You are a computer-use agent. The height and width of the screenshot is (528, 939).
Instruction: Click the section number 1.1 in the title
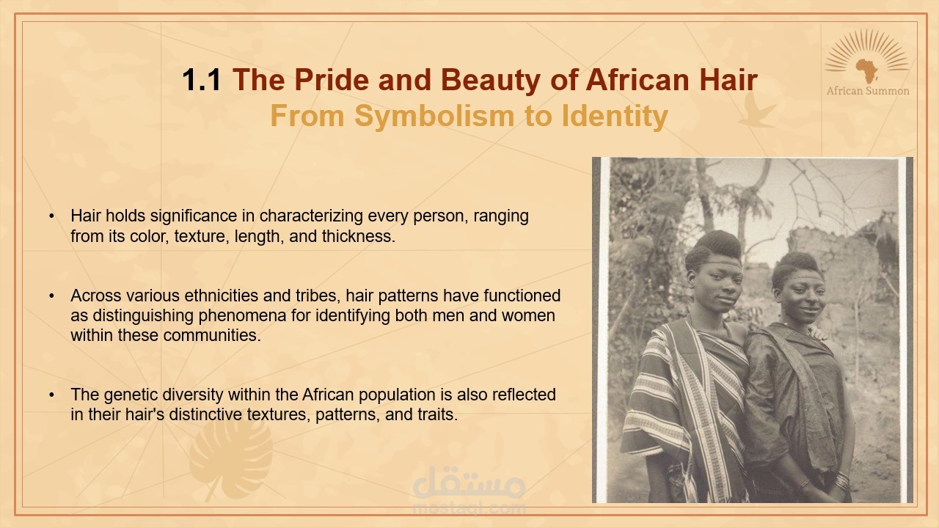(201, 80)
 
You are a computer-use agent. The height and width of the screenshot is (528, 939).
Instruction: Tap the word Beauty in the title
(491, 81)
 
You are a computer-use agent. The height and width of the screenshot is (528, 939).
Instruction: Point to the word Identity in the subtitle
(615, 117)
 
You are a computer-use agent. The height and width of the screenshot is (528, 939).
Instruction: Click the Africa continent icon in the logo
(867, 70)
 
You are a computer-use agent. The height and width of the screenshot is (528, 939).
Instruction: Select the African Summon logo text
(868, 91)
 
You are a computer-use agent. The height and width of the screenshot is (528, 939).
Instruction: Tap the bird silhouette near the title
(756, 110)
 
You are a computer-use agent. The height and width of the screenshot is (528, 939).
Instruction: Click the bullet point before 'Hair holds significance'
(51, 216)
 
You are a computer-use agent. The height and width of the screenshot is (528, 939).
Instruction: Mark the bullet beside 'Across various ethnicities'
(51, 296)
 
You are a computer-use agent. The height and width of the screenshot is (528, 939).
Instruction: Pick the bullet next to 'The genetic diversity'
(51, 395)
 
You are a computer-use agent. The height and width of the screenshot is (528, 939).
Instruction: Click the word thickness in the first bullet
(359, 236)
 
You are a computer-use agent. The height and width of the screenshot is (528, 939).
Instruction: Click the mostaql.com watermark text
(469, 508)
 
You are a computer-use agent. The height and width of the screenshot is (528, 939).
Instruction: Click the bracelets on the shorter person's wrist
(841, 480)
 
